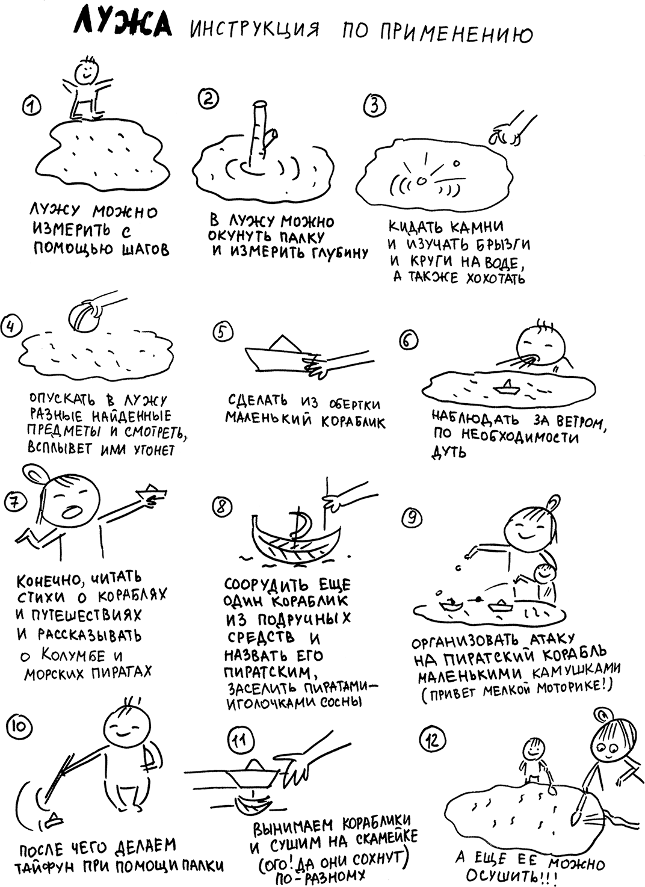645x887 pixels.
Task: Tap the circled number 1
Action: click(x=32, y=106)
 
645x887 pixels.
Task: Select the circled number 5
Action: click(x=223, y=332)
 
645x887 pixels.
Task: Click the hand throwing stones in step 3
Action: click(x=511, y=131)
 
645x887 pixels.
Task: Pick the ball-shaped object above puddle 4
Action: click(x=84, y=316)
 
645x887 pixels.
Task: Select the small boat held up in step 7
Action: click(x=150, y=490)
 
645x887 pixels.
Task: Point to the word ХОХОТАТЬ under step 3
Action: click(x=496, y=278)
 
